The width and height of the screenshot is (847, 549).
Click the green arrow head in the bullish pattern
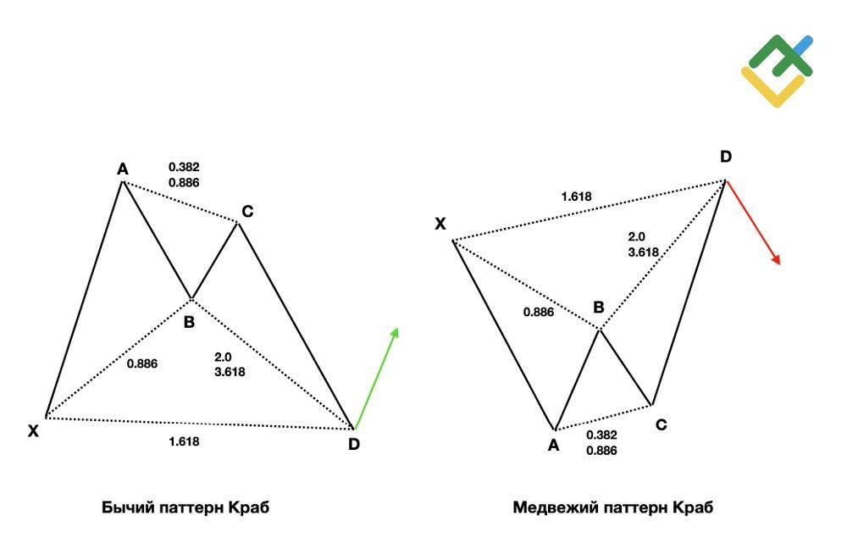click(395, 333)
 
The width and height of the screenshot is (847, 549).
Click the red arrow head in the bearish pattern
click(776, 259)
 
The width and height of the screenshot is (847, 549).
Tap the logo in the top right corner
click(777, 71)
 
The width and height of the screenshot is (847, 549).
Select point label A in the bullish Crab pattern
click(123, 169)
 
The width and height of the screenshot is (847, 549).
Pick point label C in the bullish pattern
click(247, 211)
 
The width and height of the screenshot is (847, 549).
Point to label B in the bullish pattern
click(189, 323)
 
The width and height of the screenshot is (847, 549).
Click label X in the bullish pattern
click(34, 431)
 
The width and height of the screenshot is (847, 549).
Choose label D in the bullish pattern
click(354, 444)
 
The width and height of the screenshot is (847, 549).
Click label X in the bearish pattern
click(440, 224)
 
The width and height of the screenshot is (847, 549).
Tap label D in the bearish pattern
click(726, 157)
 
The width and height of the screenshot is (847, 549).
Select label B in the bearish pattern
click(599, 308)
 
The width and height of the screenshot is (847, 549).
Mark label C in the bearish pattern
click(662, 424)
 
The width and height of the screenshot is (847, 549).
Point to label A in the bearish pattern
click(553, 446)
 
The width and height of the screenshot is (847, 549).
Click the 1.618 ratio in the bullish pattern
click(184, 441)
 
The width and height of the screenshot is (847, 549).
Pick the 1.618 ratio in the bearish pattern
click(576, 197)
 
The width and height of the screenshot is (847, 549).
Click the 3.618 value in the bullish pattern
click(230, 372)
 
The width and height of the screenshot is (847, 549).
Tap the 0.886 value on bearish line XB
click(539, 312)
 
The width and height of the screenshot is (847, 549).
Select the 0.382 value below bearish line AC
click(601, 435)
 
